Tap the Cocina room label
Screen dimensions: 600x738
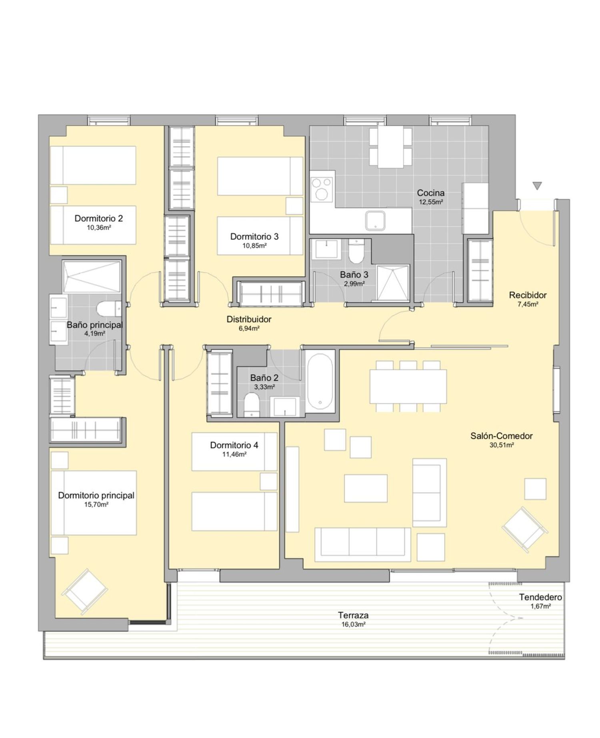[x=430, y=193]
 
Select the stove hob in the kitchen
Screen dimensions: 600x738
[x=322, y=189]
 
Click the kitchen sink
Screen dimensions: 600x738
[x=375, y=221]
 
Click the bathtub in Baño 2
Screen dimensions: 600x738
[x=320, y=381]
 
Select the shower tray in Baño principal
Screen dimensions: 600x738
[x=92, y=276]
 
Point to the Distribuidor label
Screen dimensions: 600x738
[x=249, y=319]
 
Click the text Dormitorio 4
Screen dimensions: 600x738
[x=234, y=445]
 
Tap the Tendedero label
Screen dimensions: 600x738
[x=540, y=597]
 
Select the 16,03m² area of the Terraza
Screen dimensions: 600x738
[x=353, y=624]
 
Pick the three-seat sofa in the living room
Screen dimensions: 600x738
[x=363, y=544]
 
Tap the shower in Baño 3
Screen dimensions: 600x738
[x=392, y=283]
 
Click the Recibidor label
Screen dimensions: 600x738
[x=528, y=295]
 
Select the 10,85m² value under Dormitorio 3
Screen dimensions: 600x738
[x=254, y=245]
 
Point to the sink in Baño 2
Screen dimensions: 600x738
[x=284, y=407]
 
